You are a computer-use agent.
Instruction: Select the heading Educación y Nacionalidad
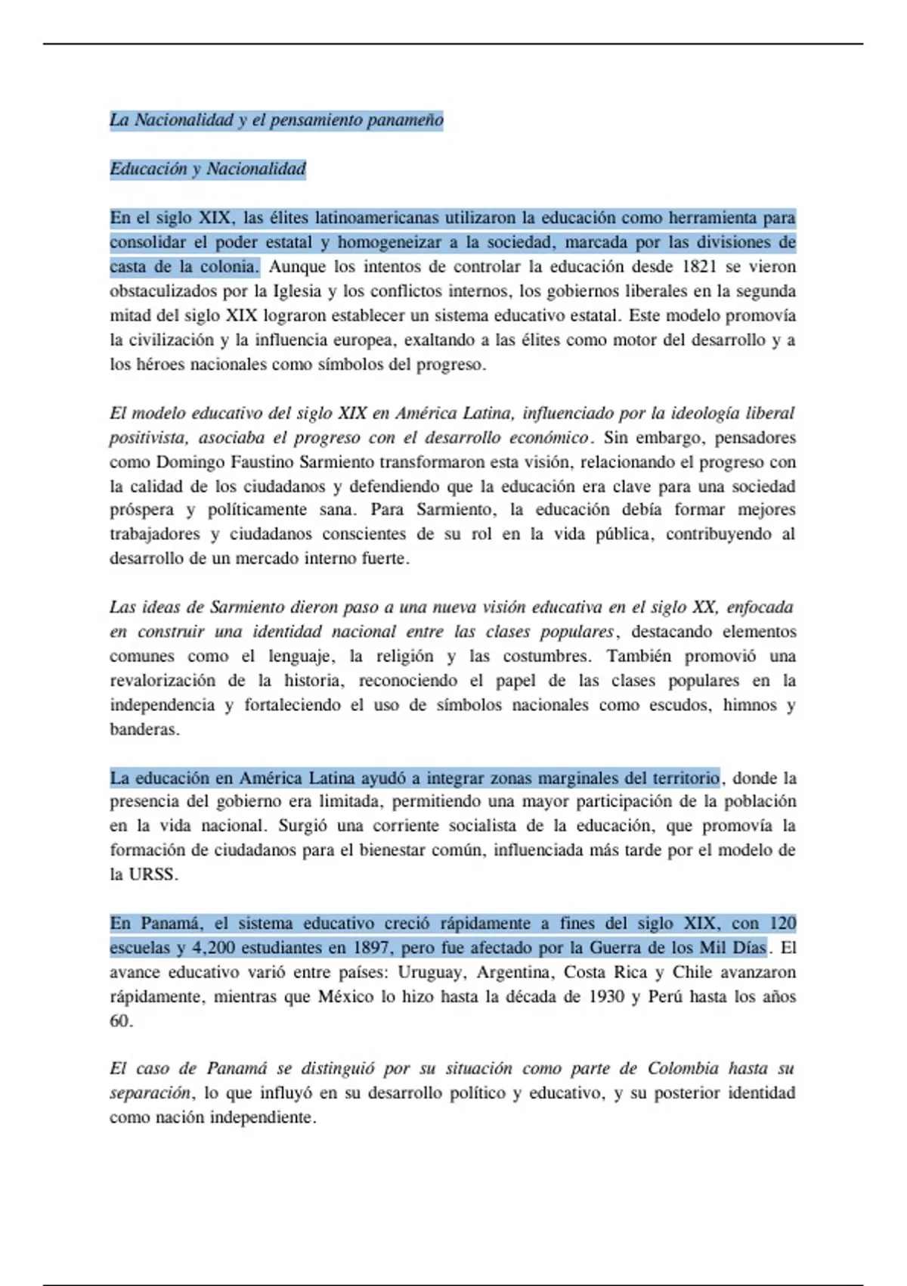click(208, 169)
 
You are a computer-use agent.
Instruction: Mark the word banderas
click(144, 730)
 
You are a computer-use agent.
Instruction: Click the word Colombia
click(683, 1069)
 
